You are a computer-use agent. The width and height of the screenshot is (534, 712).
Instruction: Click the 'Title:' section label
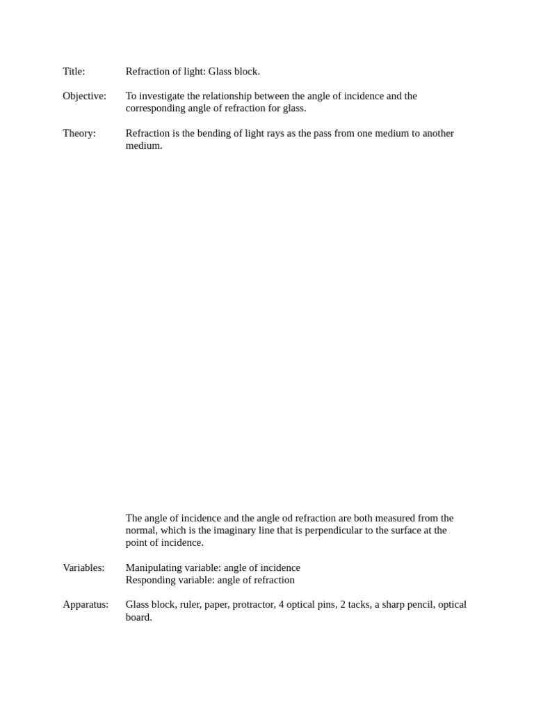click(x=74, y=72)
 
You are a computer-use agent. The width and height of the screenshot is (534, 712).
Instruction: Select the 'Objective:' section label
click(x=84, y=96)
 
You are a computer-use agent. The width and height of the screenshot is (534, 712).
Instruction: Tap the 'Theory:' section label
click(x=79, y=133)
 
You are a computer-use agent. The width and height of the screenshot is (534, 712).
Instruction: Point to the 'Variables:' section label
click(x=83, y=567)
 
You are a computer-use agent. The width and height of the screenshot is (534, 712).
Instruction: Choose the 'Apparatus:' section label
click(x=86, y=604)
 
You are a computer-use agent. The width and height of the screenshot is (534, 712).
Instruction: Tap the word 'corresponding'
click(x=157, y=108)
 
